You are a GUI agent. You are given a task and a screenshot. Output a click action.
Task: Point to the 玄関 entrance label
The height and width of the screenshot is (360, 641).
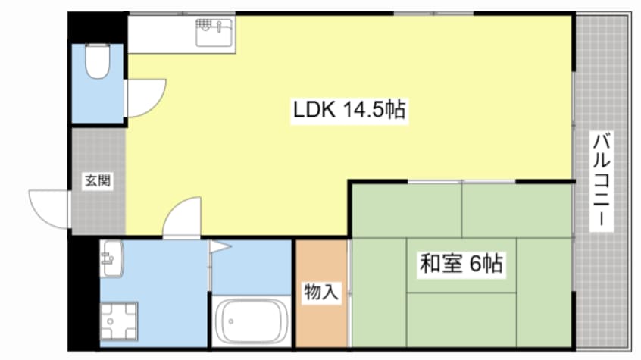point(97,181)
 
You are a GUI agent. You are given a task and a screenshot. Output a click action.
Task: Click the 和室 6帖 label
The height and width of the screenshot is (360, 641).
point(461,265)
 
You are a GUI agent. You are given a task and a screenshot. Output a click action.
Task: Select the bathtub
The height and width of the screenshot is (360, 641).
point(252,322)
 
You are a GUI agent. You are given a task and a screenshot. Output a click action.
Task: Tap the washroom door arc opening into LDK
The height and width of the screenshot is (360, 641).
point(182,216)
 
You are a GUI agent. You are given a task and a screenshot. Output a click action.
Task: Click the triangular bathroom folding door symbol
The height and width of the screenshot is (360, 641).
point(219,246)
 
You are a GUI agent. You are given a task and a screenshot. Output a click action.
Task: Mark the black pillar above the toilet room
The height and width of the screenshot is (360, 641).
point(97,27)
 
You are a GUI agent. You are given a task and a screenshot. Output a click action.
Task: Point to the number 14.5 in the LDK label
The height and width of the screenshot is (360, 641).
point(363,111)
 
